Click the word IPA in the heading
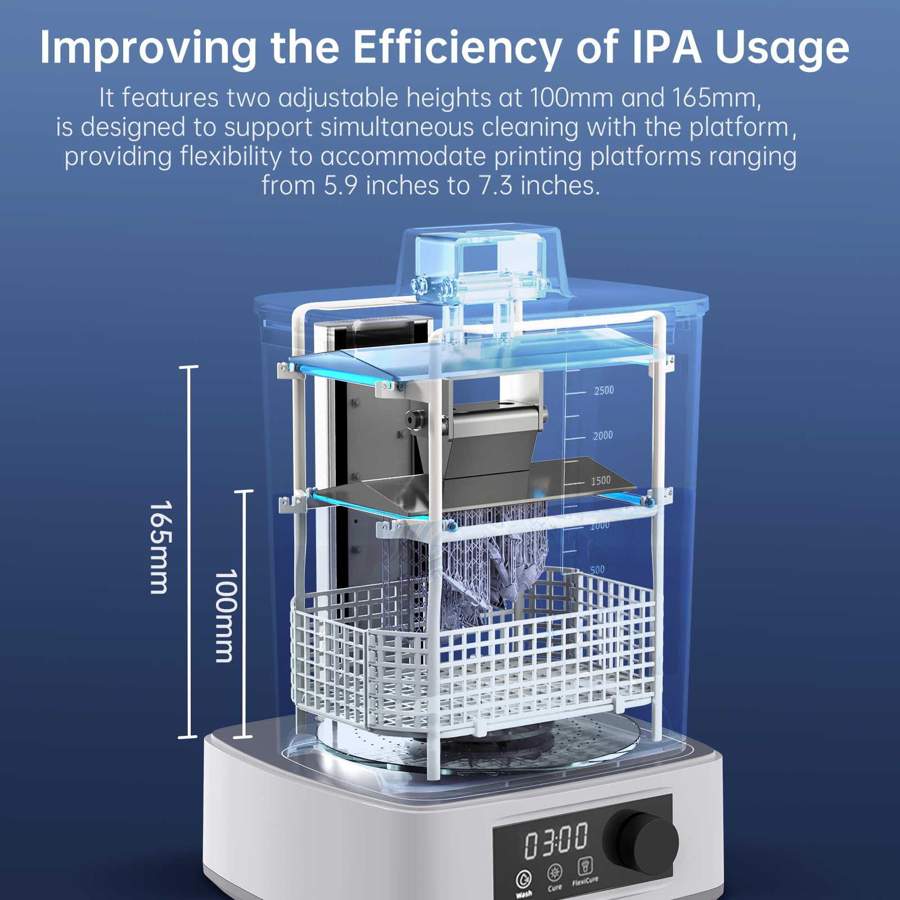coord(667,47)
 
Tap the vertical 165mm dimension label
coord(159,547)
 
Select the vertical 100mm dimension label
coord(224,615)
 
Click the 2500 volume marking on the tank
coord(604,390)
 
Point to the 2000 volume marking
coord(603,435)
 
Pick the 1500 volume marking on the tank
coord(601,480)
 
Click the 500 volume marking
coord(597,569)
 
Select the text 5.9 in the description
coord(340,185)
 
